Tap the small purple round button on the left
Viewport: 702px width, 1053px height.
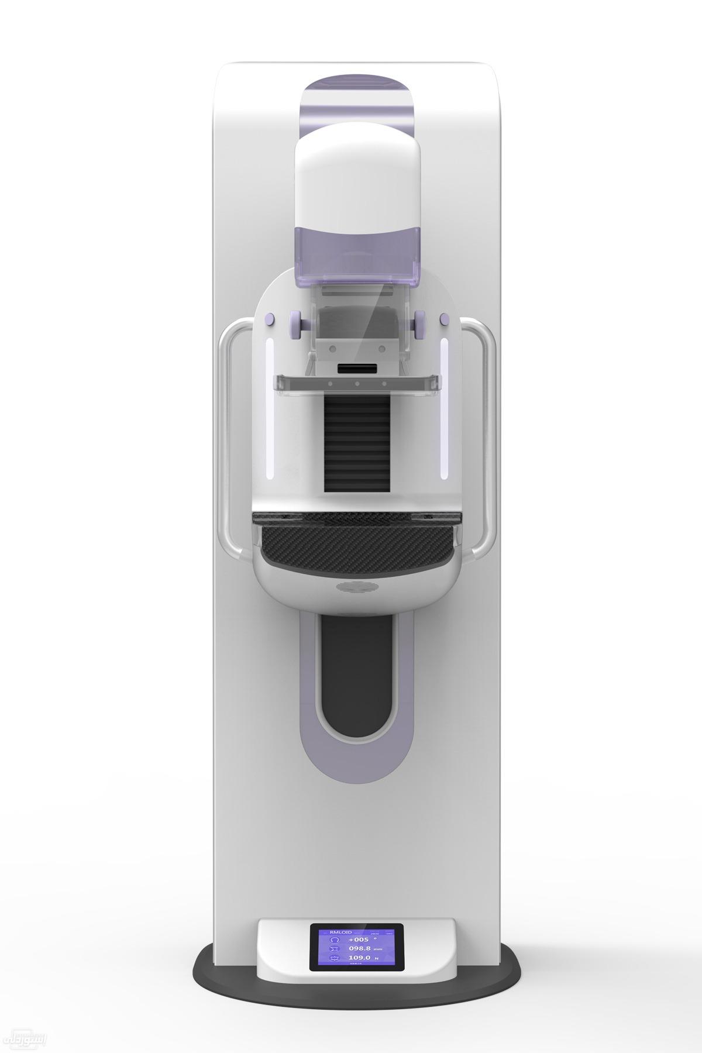[x=269, y=319]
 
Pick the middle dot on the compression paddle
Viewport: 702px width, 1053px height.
[x=356, y=384]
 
